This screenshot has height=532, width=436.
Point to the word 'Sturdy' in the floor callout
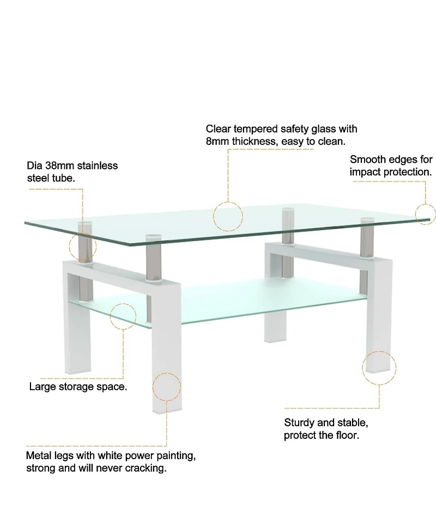[299, 423]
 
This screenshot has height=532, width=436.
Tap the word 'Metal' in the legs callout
[39, 455]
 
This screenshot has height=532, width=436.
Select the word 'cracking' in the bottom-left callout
[146, 468]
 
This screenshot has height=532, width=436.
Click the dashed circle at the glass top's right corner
[426, 213]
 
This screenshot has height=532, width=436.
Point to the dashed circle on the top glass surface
[227, 216]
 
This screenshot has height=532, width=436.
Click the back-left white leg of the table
[275, 321]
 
